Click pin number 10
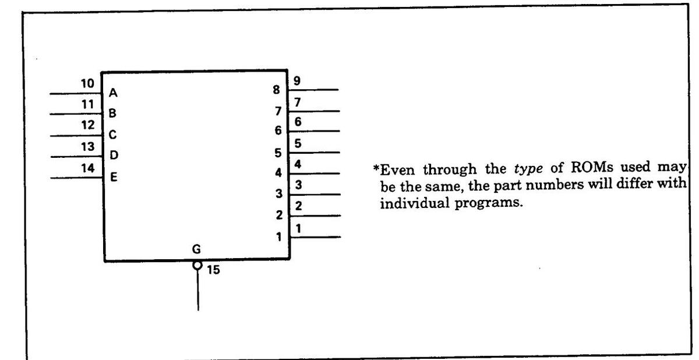[87, 83]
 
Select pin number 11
[87, 105]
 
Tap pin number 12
[87, 125]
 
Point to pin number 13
[87, 147]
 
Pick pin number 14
[87, 168]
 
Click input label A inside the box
[113, 92]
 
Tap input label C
[113, 135]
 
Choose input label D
[114, 155]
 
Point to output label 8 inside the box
[277, 90]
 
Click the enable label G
[197, 249]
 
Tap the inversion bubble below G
[198, 266]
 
